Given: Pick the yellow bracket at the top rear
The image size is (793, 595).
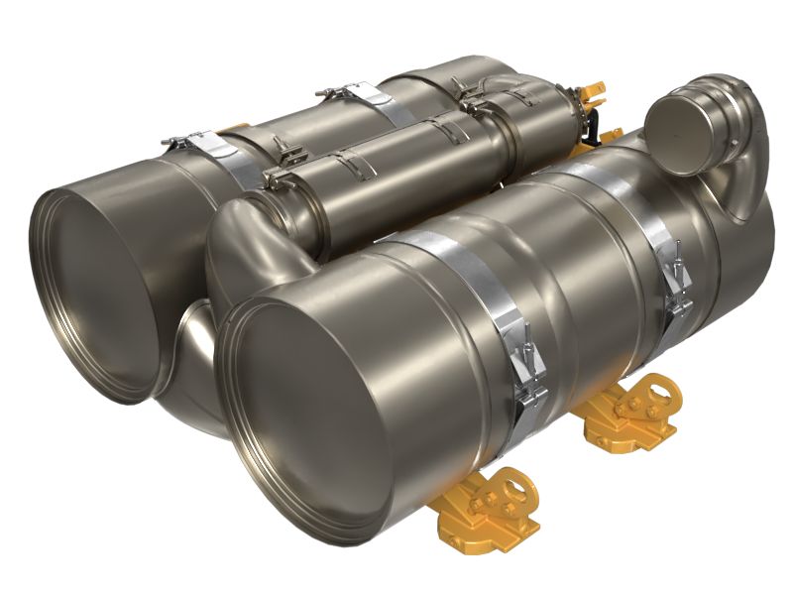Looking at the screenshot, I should [594, 99].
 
